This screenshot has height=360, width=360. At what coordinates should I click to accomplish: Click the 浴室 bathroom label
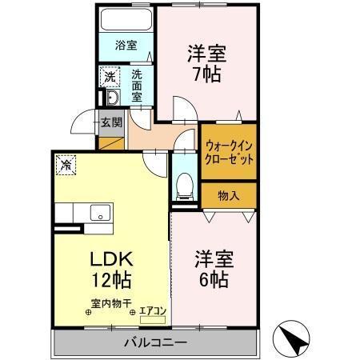(126, 46)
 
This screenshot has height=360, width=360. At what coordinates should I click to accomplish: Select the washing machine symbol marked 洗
(110, 77)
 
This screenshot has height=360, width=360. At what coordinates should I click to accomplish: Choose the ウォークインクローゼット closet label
(230, 152)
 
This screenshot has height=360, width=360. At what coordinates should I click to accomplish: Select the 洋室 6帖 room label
(213, 270)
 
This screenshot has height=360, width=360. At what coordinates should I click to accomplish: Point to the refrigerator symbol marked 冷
(65, 166)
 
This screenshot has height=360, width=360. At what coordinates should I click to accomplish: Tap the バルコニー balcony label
(155, 343)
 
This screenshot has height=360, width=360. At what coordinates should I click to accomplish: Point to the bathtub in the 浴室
(126, 22)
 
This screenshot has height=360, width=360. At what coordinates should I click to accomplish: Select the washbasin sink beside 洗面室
(112, 98)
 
